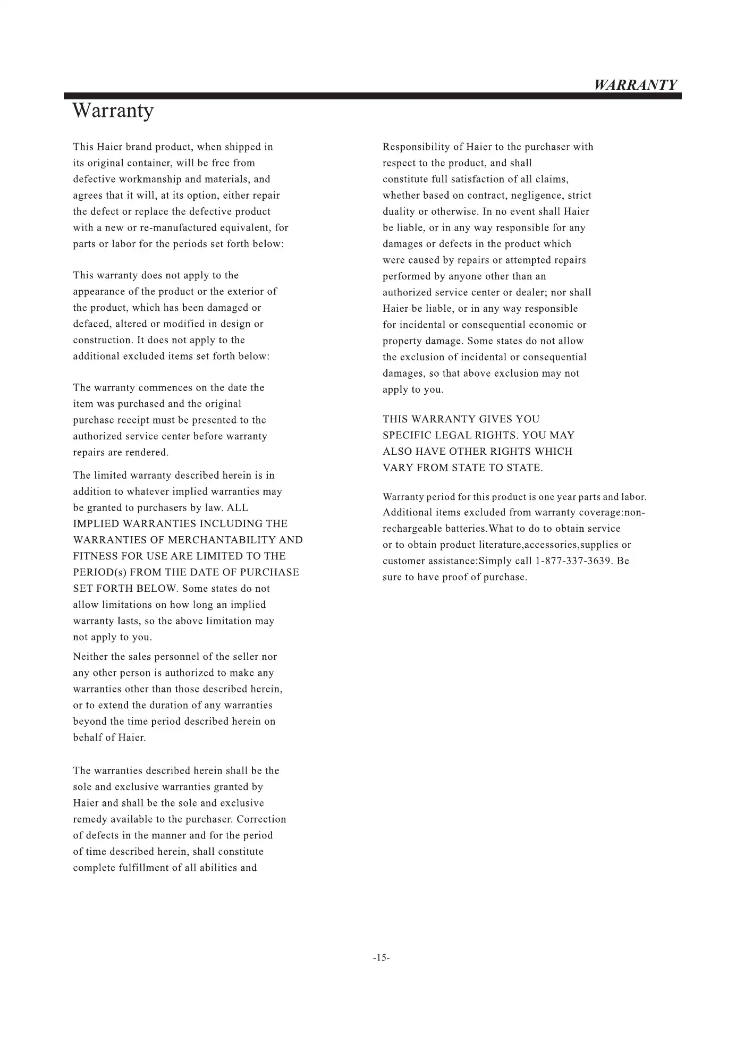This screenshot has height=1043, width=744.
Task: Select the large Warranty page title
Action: point(113,111)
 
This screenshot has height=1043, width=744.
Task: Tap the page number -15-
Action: point(382,957)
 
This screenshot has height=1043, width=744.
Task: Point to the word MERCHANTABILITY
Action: point(222,540)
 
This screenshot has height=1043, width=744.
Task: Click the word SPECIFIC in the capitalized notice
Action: point(405,435)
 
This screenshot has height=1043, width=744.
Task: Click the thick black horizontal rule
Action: point(372,96)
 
